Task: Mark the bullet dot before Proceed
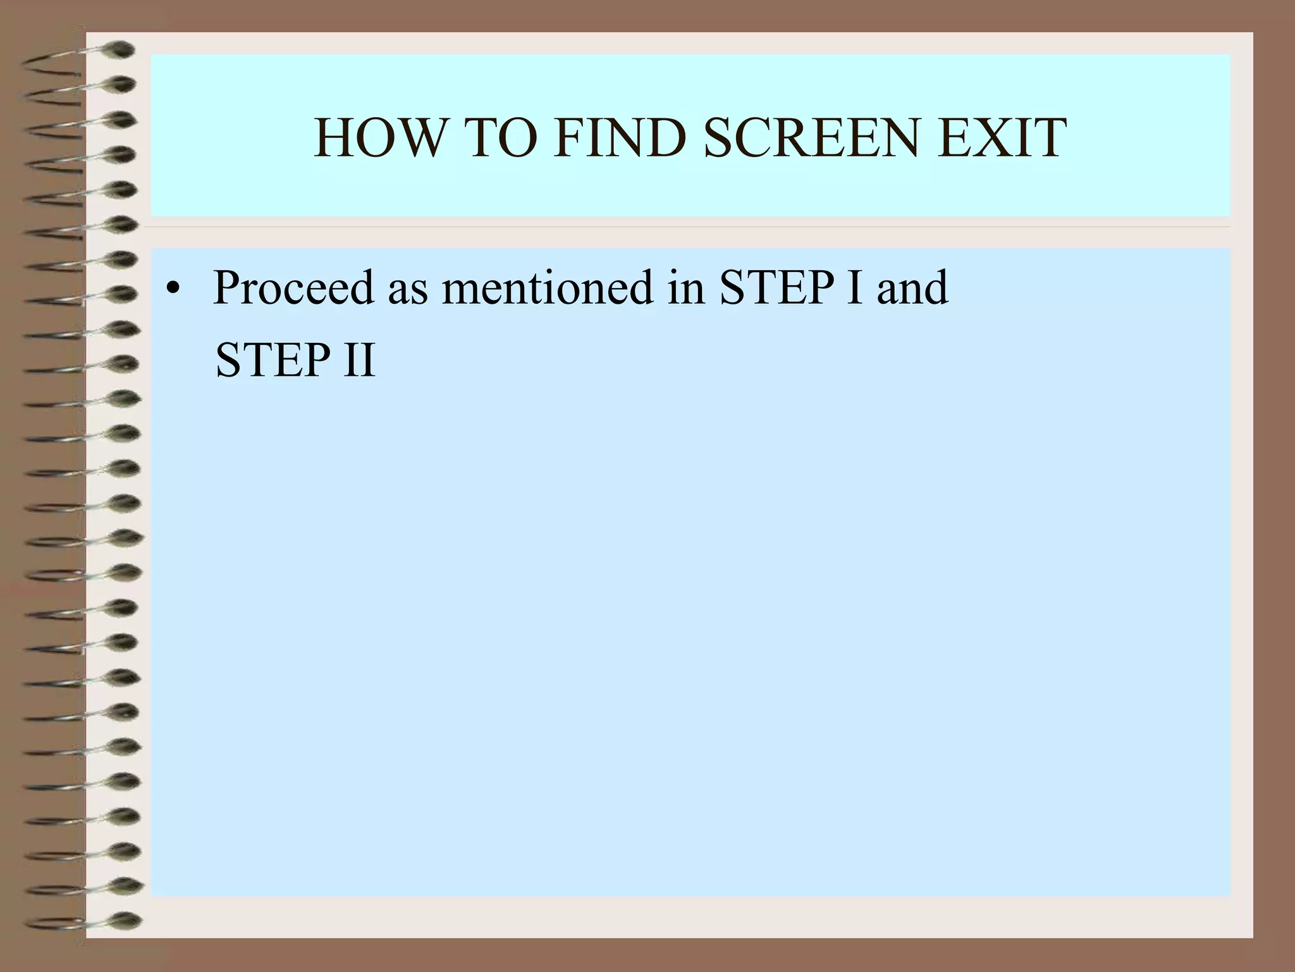(x=171, y=290)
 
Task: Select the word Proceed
(x=293, y=289)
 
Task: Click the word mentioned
(x=546, y=289)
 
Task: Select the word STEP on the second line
(x=273, y=360)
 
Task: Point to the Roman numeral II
(x=359, y=360)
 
